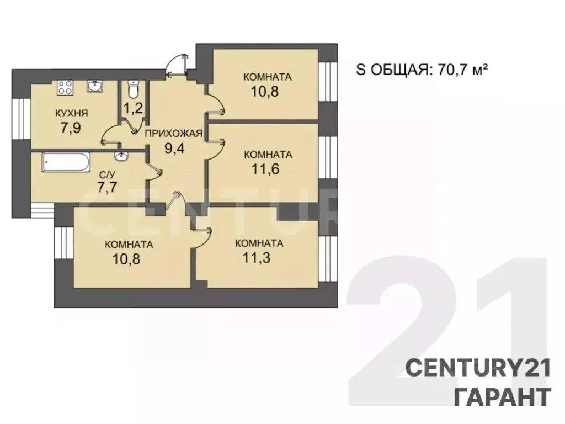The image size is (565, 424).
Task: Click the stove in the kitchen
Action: (65, 87)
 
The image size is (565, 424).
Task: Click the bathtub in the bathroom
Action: (65, 162)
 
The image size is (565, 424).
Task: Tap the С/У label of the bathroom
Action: (107, 175)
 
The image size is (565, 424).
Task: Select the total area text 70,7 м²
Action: (463, 70)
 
